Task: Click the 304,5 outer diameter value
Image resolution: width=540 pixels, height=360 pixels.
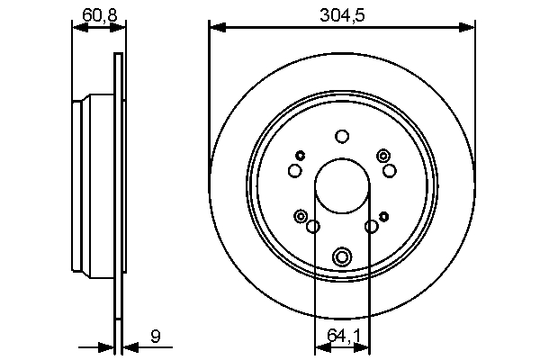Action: pos(341,13)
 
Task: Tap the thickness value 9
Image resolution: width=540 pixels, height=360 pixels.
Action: pos(156,337)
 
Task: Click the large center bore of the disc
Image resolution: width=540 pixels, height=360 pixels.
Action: pos(341,184)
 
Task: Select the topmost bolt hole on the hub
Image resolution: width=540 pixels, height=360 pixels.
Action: pos(341,137)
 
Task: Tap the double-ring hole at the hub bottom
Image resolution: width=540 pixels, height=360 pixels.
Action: pos(341,257)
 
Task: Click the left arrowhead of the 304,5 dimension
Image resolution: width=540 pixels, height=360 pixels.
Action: pos(215,28)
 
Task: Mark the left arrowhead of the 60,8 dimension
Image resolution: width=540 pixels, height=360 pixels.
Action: pos(77,28)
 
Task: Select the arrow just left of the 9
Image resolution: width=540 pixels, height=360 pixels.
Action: pos(107,346)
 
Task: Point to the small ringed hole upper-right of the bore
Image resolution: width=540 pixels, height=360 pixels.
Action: pos(384,156)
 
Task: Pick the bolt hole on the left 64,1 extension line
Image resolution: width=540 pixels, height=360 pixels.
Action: pos(313,226)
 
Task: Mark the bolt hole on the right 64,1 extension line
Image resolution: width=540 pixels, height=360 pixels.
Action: pos(370,226)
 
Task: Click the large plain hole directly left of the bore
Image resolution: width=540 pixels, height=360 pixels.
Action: pos(294,171)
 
